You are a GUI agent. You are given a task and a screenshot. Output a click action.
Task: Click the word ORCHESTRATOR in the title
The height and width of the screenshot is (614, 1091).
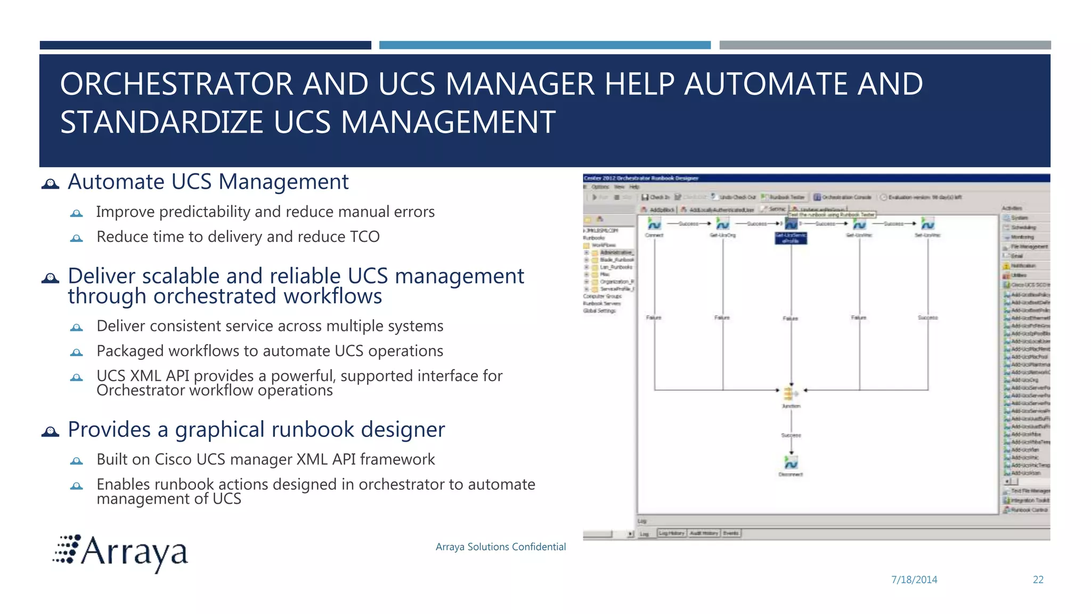tap(176, 84)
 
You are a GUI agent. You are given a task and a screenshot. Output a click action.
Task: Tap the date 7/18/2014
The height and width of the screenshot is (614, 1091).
tap(914, 579)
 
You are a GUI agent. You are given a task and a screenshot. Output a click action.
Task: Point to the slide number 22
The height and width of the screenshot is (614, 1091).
tap(1038, 579)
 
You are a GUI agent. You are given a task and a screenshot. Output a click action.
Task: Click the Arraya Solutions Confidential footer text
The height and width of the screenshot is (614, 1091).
tap(500, 547)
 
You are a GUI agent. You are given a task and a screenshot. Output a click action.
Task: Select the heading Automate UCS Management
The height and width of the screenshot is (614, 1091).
tap(208, 182)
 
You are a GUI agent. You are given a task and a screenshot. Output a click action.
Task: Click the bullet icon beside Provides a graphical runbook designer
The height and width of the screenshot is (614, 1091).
tap(50, 431)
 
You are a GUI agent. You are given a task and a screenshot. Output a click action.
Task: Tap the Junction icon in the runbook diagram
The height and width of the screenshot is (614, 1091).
tap(791, 393)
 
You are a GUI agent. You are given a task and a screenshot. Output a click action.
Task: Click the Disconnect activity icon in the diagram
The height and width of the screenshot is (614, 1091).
tap(791, 462)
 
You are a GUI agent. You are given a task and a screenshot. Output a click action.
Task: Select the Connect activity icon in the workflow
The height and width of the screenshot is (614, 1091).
tap(654, 224)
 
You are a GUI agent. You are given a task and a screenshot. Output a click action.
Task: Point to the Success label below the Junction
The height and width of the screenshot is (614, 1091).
tap(791, 435)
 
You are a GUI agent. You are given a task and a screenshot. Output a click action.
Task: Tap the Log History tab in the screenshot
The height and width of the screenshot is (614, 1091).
tap(671, 533)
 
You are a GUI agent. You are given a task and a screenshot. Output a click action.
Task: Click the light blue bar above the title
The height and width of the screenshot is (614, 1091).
tap(544, 45)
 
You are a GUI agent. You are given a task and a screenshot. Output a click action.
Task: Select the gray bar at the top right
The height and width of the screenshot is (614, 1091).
tap(884, 45)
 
